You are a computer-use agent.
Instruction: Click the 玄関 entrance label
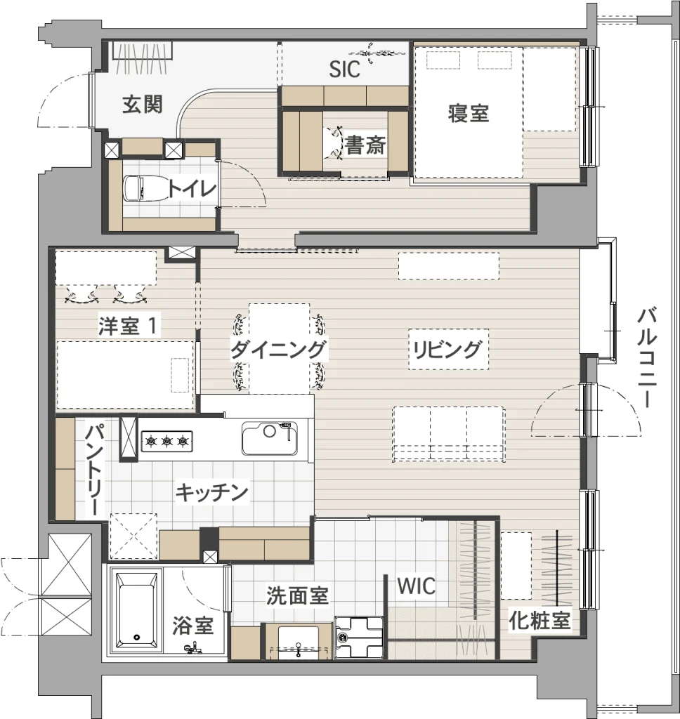point(142,105)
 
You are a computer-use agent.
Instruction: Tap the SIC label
point(345,70)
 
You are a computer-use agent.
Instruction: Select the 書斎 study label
point(365,146)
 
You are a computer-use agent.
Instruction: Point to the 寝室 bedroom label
point(468,113)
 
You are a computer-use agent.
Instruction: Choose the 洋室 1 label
point(129,326)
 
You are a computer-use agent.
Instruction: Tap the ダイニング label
point(278,350)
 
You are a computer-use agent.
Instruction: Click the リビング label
point(447,350)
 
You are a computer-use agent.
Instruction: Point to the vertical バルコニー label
point(647,358)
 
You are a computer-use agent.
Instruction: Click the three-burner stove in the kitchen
point(166,441)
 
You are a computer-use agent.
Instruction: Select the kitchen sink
point(270,438)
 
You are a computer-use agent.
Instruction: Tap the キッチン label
point(211,493)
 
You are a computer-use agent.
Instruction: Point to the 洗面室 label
point(297,595)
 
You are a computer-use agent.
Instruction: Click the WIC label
point(416,586)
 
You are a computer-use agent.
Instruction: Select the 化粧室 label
point(540,621)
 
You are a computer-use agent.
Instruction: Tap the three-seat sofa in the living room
point(448,435)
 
